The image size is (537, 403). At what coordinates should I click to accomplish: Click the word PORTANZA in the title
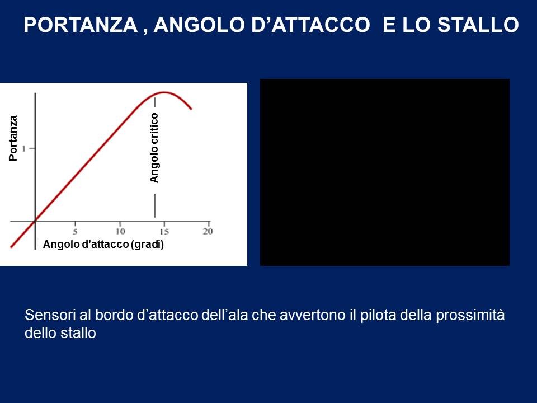tap(81, 25)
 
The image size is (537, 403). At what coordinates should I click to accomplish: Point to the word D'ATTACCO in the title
tap(310, 25)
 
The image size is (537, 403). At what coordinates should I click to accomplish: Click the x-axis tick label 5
tap(75, 232)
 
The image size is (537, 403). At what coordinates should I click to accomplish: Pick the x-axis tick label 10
tap(120, 232)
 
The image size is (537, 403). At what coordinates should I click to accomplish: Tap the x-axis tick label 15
tap(164, 232)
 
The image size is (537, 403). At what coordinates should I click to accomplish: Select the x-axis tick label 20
tap(208, 232)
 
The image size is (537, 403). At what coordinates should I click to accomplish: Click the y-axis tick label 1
tap(24, 148)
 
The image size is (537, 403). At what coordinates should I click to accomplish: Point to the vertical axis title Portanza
tap(13, 138)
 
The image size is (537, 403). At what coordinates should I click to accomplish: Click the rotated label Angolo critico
tap(154, 148)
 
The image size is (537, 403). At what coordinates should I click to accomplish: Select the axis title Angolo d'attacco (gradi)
tap(103, 245)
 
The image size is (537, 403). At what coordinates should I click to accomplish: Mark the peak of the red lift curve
tap(164, 92)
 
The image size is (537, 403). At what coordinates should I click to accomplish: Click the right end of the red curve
tap(191, 109)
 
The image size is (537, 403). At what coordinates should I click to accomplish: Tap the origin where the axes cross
tap(35, 222)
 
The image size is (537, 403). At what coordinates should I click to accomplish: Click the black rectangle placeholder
tap(385, 172)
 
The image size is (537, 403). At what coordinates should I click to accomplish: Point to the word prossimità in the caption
tap(470, 316)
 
